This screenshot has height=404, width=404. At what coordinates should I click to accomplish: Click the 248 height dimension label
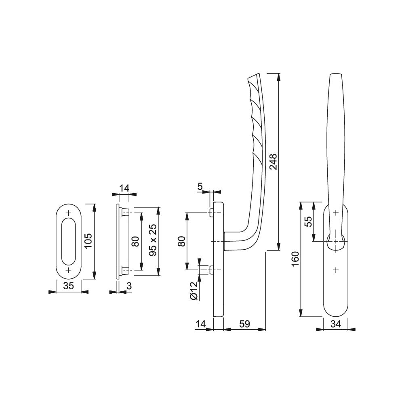point(273,162)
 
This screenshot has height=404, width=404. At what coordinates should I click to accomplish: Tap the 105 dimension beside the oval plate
point(88,241)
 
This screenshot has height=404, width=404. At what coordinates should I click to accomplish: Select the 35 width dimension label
point(69,286)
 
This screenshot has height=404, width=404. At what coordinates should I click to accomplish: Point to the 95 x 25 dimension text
point(153,240)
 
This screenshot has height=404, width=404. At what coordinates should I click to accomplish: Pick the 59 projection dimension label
point(244,324)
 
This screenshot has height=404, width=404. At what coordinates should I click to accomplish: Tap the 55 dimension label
point(308,221)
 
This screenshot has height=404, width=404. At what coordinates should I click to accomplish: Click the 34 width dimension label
point(336,324)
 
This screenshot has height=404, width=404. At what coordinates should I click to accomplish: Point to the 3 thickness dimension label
point(129,286)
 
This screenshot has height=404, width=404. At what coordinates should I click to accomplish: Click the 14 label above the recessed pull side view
point(124,188)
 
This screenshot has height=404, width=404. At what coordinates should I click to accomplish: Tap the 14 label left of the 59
point(201,324)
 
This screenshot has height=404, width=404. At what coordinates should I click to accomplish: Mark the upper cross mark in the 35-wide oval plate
point(69,213)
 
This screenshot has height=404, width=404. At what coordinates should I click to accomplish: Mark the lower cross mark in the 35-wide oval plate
point(69,270)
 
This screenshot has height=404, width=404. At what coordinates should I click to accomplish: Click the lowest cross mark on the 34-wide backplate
point(336,270)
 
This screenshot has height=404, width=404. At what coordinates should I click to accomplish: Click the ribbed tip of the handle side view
point(253,78)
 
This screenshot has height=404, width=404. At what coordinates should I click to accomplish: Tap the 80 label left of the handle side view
point(182,242)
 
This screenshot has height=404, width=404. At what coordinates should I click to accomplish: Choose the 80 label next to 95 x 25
point(135,242)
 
